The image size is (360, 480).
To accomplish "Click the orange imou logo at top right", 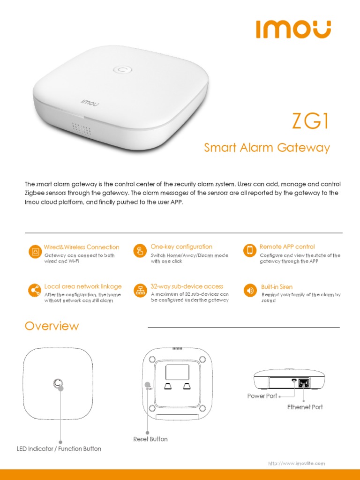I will [x=293, y=29].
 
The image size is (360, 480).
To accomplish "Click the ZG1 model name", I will [x=310, y=121].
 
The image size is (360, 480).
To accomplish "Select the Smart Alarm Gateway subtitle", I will [x=267, y=148].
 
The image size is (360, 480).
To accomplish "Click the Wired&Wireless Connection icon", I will [x=35, y=251].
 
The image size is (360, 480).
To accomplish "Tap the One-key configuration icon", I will [x=140, y=251].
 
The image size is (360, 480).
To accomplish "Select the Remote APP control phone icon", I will [x=250, y=250].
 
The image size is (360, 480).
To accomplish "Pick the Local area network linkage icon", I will [x=34, y=290].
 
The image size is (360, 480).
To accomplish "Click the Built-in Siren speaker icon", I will [x=250, y=290].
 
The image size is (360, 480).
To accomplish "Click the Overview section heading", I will [x=52, y=326].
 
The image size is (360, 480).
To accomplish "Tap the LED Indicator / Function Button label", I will [x=59, y=449].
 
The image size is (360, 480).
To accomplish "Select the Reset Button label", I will [x=150, y=439].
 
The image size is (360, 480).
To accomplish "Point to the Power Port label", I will [x=262, y=396].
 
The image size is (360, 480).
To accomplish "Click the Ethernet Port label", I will [x=305, y=407].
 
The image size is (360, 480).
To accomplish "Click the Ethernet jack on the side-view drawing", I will [x=304, y=382].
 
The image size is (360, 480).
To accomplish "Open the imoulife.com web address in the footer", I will [x=296, y=464].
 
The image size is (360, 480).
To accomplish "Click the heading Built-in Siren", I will [x=277, y=287].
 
